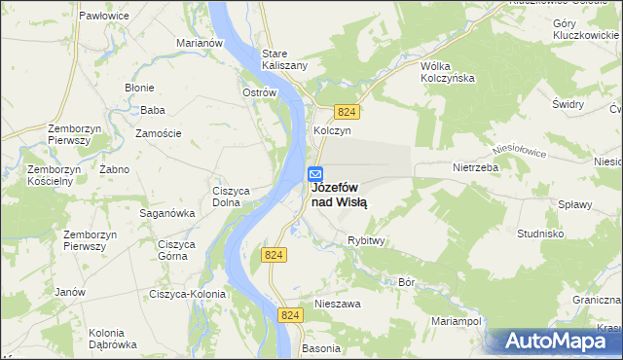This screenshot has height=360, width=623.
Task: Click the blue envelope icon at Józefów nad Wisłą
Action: [315, 174]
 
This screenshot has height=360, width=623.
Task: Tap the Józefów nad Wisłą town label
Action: [338, 196]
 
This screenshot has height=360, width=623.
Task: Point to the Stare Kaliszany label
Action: [285, 58]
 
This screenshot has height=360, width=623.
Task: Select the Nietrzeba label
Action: [475, 167]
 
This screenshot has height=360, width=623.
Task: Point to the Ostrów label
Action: [260, 92]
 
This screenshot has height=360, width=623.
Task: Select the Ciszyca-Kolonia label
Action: [187, 294]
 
